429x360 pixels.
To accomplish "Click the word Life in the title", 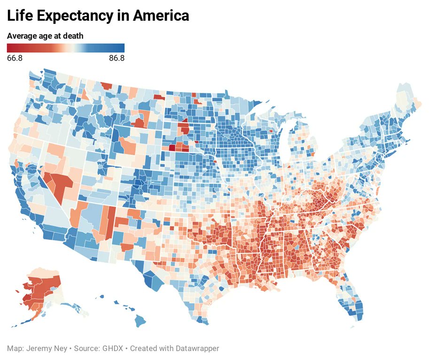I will pos(20,15).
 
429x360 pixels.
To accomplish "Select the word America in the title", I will pos(161,15).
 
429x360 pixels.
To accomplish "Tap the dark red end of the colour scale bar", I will pos(9,47).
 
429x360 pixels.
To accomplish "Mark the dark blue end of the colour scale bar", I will pos(122,47).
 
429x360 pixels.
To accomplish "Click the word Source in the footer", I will pos(86,349).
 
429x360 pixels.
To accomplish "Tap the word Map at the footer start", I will pos(14,349).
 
